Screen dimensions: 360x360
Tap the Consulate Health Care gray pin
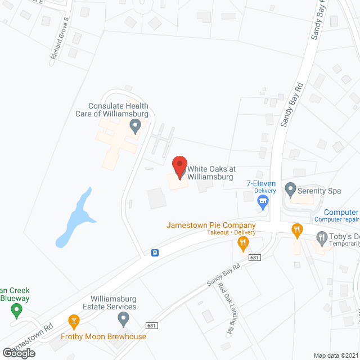pos(135,125)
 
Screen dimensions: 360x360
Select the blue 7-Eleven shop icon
pos(262,200)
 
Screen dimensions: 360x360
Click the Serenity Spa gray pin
pos(291,190)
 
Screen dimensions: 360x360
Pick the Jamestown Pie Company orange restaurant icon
pos(243,244)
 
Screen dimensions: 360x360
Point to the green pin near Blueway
pos(17,309)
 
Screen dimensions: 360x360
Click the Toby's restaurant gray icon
pos(322,237)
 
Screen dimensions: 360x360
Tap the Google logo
pos(18,353)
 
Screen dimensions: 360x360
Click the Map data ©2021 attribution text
pos(335,355)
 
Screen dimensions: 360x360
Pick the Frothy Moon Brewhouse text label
pos(103,337)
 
